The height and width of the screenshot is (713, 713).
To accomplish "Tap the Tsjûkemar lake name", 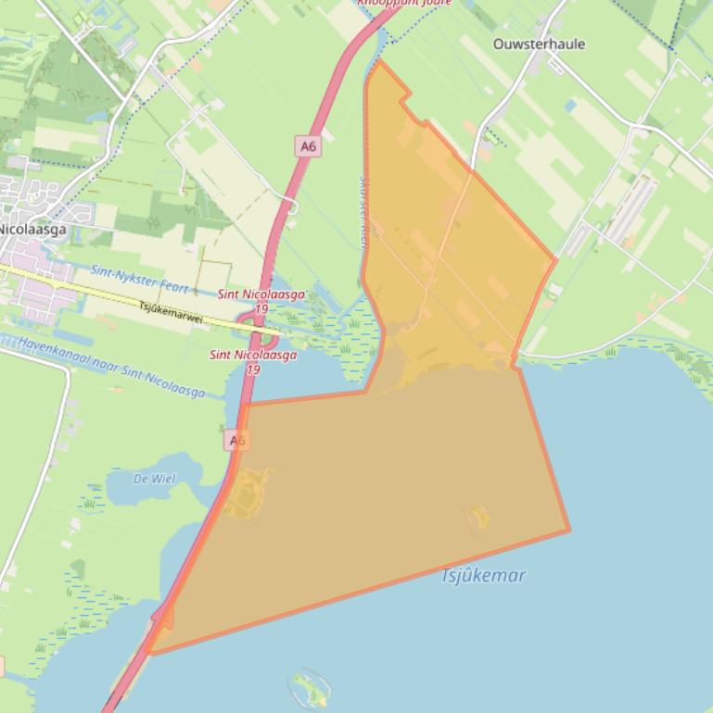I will pos(483,575).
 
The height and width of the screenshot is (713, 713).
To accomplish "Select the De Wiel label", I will pos(154,479).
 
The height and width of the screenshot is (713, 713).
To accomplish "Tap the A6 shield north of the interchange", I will pos(308,145).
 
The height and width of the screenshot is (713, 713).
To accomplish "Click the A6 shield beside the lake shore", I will pos(236,441).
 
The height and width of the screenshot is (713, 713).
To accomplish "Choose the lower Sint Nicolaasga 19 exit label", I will pos(253,361).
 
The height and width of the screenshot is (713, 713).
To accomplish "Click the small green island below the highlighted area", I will pos(310,687).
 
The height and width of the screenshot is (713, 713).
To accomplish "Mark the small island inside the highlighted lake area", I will pos(478,518).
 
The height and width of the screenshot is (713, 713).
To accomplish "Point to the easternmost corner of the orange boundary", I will pos(556,259).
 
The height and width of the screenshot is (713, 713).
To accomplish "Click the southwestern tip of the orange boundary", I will pos(151,653).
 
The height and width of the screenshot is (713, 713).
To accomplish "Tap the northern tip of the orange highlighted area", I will pos(377,61).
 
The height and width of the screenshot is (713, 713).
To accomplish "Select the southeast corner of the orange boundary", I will pos(568,531).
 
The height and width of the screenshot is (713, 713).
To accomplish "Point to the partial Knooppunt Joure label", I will pos(404,3).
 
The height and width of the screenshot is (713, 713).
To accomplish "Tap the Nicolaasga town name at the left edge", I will pos(32,229).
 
